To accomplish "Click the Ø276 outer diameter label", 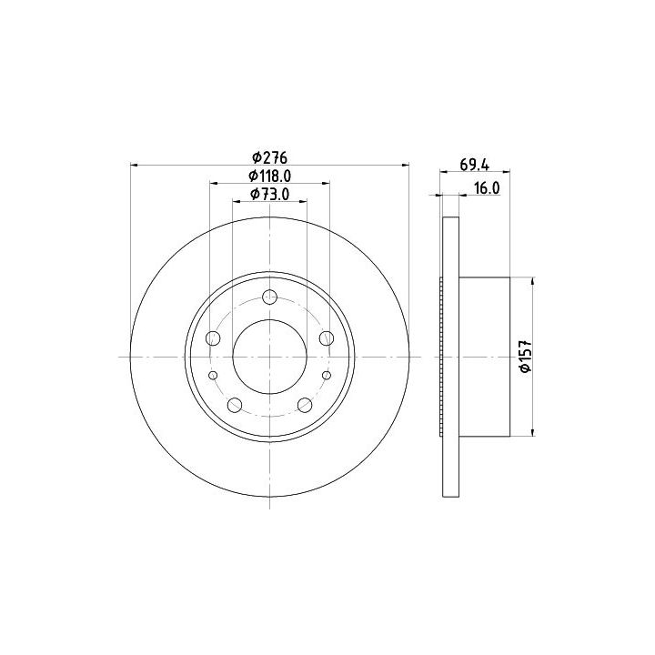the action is [x=270, y=158].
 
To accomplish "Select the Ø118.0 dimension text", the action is [x=270, y=176].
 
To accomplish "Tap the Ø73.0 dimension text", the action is [x=270, y=195].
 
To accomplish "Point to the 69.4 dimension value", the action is [x=475, y=165].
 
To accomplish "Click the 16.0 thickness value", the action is [x=487, y=188].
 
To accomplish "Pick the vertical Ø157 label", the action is [x=525, y=356].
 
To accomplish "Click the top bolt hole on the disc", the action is [x=270, y=297].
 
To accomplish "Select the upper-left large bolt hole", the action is [x=214, y=338].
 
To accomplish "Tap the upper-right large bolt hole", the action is [x=327, y=338].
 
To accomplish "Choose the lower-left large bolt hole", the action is [x=235, y=404].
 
